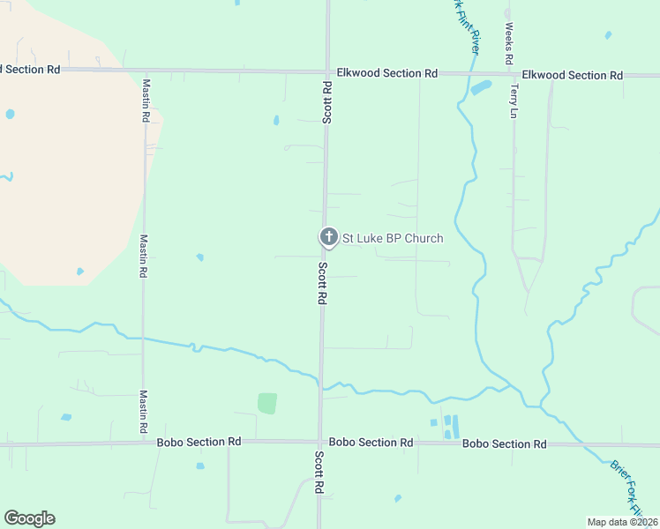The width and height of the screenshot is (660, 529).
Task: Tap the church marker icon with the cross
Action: coord(328,236)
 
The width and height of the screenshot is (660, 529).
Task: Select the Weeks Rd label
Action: coord(509,44)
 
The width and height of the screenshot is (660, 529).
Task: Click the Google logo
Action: coord(29,518)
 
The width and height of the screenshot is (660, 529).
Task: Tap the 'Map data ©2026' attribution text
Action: coord(622,521)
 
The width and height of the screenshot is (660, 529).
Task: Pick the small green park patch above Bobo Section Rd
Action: coord(267,403)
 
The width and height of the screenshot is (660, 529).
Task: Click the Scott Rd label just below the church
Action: coord(323,284)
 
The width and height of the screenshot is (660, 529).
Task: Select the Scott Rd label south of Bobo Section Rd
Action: coord(319,473)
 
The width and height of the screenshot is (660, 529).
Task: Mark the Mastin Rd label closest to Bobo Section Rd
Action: coord(142,412)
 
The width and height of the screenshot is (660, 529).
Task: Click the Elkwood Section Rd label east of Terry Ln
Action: coord(572,75)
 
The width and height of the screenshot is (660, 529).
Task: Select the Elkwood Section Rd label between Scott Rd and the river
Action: coord(387,73)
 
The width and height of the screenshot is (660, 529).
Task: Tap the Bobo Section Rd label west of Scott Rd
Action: coord(199,442)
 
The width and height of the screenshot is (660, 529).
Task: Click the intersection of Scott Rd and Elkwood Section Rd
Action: coord(327,72)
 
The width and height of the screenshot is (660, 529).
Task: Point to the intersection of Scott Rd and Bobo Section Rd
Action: coord(320,442)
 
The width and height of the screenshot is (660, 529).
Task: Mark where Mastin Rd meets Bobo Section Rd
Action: coord(142,443)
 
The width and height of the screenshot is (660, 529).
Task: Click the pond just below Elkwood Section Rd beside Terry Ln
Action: coord(481,88)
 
